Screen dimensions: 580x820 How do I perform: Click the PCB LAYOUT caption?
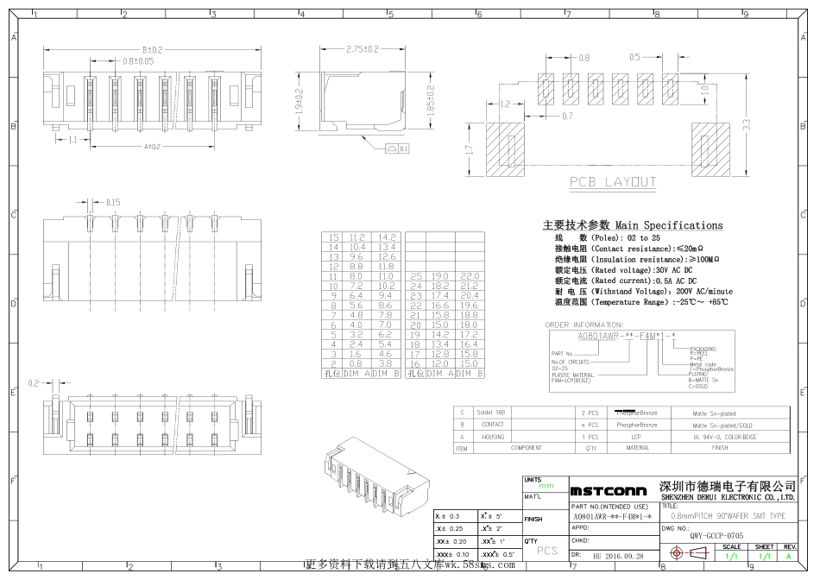click(612, 182)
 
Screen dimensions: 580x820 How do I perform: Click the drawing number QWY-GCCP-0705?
click(692, 536)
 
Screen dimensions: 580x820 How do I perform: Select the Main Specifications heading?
click(633, 225)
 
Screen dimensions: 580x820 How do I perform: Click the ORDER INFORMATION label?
click(584, 325)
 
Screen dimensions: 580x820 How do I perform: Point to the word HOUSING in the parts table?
click(493, 437)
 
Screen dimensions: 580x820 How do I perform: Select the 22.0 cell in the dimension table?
click(469, 274)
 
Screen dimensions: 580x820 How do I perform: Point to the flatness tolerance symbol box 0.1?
click(398, 148)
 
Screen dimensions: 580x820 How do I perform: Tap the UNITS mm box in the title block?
click(545, 483)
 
